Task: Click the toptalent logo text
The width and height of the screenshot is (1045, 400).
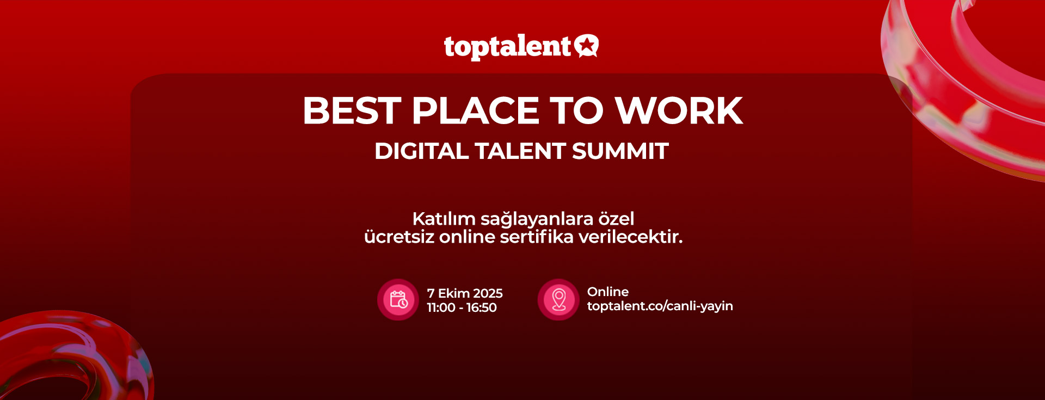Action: coord(507,47)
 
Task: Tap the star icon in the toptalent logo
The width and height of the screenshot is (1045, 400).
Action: coord(587,46)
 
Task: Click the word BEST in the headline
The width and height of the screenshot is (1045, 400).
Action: coord(352,111)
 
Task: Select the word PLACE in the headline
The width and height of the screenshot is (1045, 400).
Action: coord(476,111)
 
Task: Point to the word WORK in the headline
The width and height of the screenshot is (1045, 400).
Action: coord(679,111)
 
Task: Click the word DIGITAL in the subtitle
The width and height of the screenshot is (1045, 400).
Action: coord(421,151)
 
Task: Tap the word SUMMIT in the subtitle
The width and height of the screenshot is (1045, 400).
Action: coord(620,151)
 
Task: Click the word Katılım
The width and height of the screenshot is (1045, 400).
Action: coord(444,219)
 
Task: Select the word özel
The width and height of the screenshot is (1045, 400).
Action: coord(616,219)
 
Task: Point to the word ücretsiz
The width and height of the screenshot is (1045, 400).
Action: coord(399,237)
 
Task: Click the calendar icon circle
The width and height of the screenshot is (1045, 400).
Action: coord(398,300)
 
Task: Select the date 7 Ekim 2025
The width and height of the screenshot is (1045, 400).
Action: coord(465,293)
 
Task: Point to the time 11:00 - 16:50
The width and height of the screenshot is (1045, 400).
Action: coord(462,307)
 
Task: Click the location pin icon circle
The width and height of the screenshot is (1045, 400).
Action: coord(558,300)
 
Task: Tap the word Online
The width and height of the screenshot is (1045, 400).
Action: coord(608,292)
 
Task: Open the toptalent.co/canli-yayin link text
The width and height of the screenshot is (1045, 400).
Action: coord(660,306)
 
